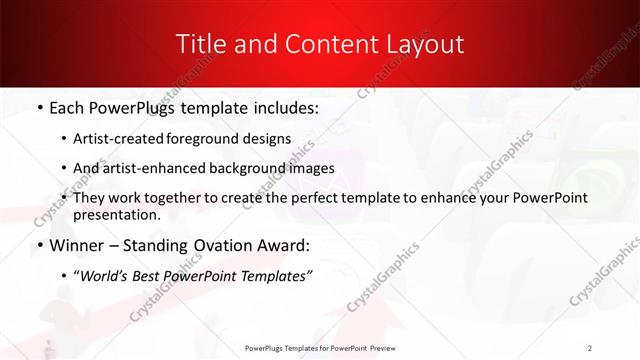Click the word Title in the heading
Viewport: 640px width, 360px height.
click(x=199, y=44)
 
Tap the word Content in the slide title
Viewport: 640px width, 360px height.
click(x=306, y=44)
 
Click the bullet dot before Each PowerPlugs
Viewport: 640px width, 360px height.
click(x=38, y=105)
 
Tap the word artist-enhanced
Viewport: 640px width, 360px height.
click(x=164, y=168)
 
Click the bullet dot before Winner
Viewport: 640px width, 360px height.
click(x=38, y=245)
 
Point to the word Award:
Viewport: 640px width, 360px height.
click(x=284, y=245)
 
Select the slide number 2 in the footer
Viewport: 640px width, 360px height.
click(x=590, y=347)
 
